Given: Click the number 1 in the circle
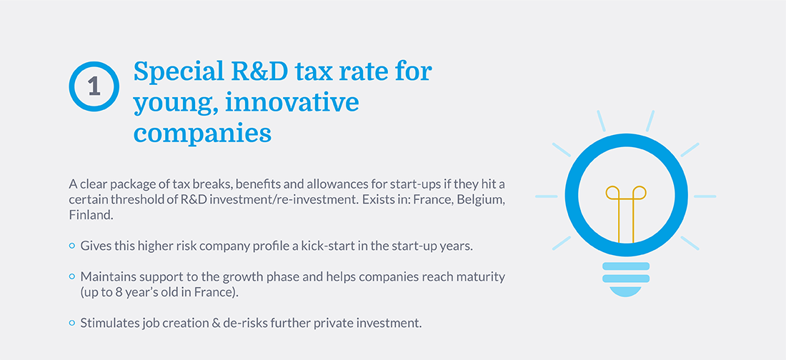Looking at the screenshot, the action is (94, 86).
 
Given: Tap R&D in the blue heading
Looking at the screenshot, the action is (256, 72).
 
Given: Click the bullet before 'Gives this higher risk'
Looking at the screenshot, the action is (71, 246).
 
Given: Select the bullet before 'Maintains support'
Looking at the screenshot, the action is (71, 276).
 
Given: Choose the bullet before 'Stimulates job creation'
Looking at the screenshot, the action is (71, 322).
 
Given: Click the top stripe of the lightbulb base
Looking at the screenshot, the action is (626, 266).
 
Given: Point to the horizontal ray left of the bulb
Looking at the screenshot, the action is (546, 196).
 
